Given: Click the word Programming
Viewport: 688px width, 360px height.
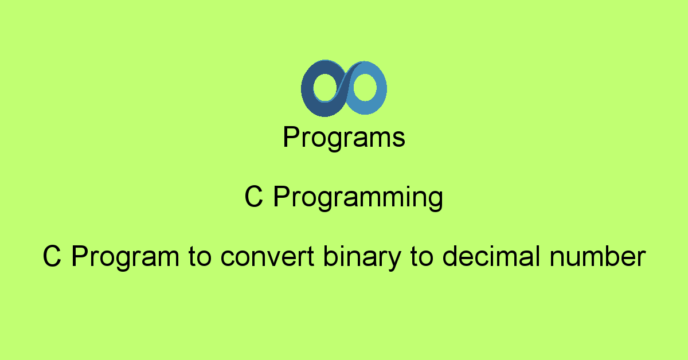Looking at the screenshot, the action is point(358,198).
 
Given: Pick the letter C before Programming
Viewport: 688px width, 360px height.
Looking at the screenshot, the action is point(253,198).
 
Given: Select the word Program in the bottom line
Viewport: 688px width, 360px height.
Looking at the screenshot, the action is point(124,258).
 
